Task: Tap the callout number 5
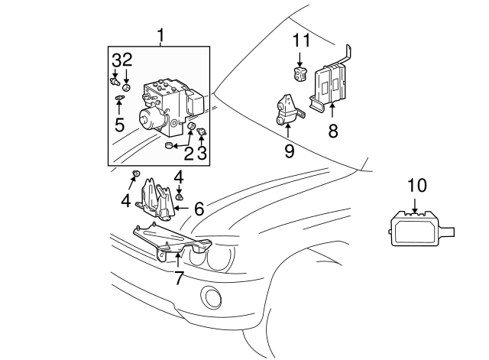pyautogui.click(x=119, y=124)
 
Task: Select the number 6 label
pyautogui.click(x=199, y=208)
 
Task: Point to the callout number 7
pyautogui.click(x=178, y=278)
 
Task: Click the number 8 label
pyautogui.click(x=332, y=131)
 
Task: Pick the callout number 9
pyautogui.click(x=289, y=151)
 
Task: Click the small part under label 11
pyautogui.click(x=300, y=74)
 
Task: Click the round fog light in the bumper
pyautogui.click(x=210, y=297)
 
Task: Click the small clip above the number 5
pyautogui.click(x=119, y=99)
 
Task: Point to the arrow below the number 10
pyautogui.click(x=415, y=206)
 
